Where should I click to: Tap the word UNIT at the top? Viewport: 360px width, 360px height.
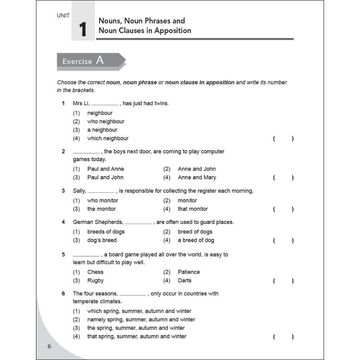(x=63, y=16)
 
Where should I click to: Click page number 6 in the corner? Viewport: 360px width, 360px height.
(x=50, y=346)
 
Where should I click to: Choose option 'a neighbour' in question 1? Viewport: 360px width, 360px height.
(x=102, y=130)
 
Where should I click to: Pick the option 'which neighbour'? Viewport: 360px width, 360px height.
(x=108, y=138)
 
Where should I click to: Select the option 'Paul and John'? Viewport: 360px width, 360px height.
(x=105, y=177)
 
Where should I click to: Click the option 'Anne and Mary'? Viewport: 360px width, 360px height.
(x=197, y=177)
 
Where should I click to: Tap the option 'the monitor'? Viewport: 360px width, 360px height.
(x=101, y=209)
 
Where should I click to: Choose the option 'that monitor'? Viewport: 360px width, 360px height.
(x=193, y=209)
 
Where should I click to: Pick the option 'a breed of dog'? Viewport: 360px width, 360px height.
(x=196, y=240)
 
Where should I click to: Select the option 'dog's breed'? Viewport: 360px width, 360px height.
(x=102, y=240)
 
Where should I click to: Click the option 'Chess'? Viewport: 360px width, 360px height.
(x=95, y=272)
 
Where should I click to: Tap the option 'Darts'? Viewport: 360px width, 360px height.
(x=184, y=280)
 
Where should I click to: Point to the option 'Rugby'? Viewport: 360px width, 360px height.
(x=95, y=280)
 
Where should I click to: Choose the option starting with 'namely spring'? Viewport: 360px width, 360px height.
(x=141, y=320)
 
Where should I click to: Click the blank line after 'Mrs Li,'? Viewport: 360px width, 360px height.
(x=104, y=104)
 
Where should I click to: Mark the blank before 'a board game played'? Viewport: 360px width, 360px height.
(x=86, y=256)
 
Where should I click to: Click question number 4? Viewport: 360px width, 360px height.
(x=63, y=222)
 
